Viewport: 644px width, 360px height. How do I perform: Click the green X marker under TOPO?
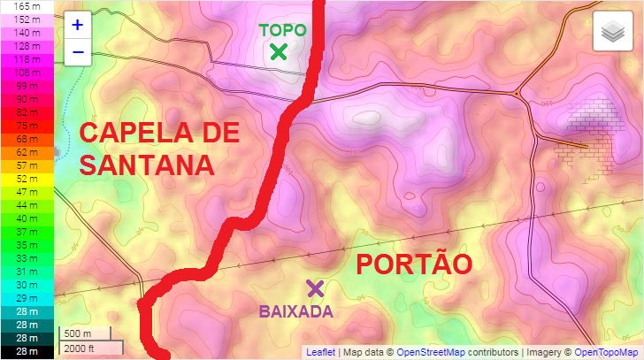(x=279, y=52)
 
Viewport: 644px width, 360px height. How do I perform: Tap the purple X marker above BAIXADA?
(x=315, y=288)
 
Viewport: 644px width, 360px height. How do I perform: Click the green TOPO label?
(x=282, y=30)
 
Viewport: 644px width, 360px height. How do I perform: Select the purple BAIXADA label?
(x=295, y=311)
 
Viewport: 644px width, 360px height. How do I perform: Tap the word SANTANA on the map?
(x=147, y=165)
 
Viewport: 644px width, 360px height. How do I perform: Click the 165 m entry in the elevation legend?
(x=27, y=5)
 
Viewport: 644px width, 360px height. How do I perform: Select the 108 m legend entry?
(x=27, y=73)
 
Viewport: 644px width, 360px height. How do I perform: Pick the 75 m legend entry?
(x=27, y=126)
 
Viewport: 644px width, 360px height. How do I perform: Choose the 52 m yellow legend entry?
(x=27, y=179)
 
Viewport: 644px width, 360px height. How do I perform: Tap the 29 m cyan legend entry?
(x=27, y=298)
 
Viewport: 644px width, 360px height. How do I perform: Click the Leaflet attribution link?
(x=320, y=352)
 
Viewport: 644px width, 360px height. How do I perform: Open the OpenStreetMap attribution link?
(x=432, y=352)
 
